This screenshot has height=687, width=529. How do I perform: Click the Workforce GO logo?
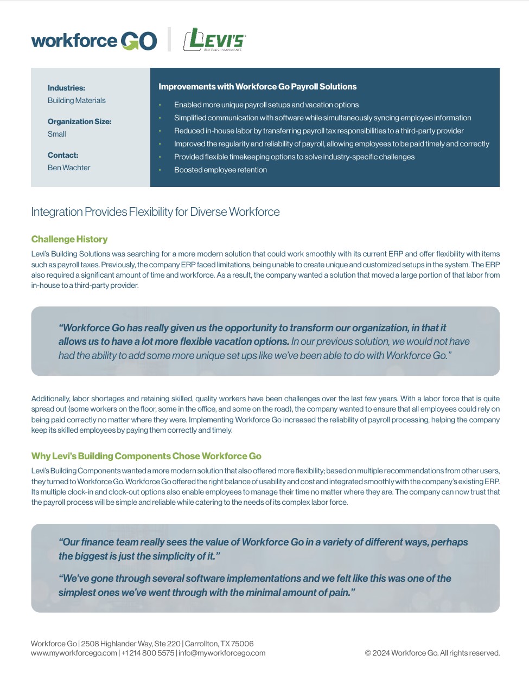(94, 41)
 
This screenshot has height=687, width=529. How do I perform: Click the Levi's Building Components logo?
(214, 40)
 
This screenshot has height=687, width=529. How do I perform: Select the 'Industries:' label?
(66, 88)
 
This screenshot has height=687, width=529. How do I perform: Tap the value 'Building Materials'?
(77, 100)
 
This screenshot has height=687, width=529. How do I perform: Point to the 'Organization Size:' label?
(79, 121)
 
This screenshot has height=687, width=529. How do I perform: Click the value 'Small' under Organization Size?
(56, 134)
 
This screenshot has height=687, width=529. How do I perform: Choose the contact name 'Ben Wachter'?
(69, 168)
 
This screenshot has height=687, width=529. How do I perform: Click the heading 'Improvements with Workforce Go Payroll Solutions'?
(257, 87)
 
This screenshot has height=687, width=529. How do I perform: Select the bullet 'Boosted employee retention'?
(220, 170)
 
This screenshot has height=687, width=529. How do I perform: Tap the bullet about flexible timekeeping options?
(294, 157)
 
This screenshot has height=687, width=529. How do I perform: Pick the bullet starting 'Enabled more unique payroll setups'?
(266, 105)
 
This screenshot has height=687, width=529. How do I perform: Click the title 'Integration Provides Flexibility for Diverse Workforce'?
(155, 212)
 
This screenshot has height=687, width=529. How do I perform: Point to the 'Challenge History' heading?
(69, 239)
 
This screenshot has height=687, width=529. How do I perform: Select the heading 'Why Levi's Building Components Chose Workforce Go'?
(146, 456)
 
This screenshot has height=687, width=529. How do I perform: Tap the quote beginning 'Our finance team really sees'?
(263, 549)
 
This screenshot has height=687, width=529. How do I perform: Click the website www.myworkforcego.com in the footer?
(74, 653)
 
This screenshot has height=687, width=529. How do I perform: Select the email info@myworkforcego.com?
(222, 653)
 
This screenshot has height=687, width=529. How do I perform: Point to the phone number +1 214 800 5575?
(148, 653)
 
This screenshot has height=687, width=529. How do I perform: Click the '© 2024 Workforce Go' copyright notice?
(432, 653)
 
